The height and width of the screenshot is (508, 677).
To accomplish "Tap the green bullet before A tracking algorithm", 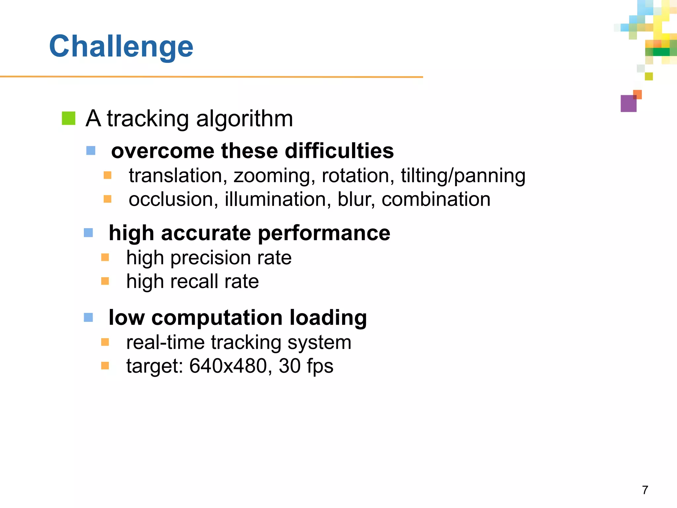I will (x=69, y=118).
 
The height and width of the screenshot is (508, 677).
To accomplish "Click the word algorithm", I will (x=244, y=118).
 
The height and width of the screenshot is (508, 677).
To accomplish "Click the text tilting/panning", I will (x=463, y=176).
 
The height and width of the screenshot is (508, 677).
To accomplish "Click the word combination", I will (x=436, y=199).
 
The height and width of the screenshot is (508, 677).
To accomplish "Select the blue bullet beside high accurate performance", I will (x=89, y=233).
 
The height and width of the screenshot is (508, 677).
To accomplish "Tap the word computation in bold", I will (x=217, y=317).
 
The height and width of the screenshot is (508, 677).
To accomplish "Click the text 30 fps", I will (x=306, y=366).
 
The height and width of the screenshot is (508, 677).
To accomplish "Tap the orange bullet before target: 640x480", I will (x=105, y=366).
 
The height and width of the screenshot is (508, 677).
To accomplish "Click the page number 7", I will (x=645, y=490).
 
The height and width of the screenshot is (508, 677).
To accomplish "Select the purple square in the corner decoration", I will (x=628, y=104).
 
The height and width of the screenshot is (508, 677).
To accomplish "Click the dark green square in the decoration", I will (x=661, y=52).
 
